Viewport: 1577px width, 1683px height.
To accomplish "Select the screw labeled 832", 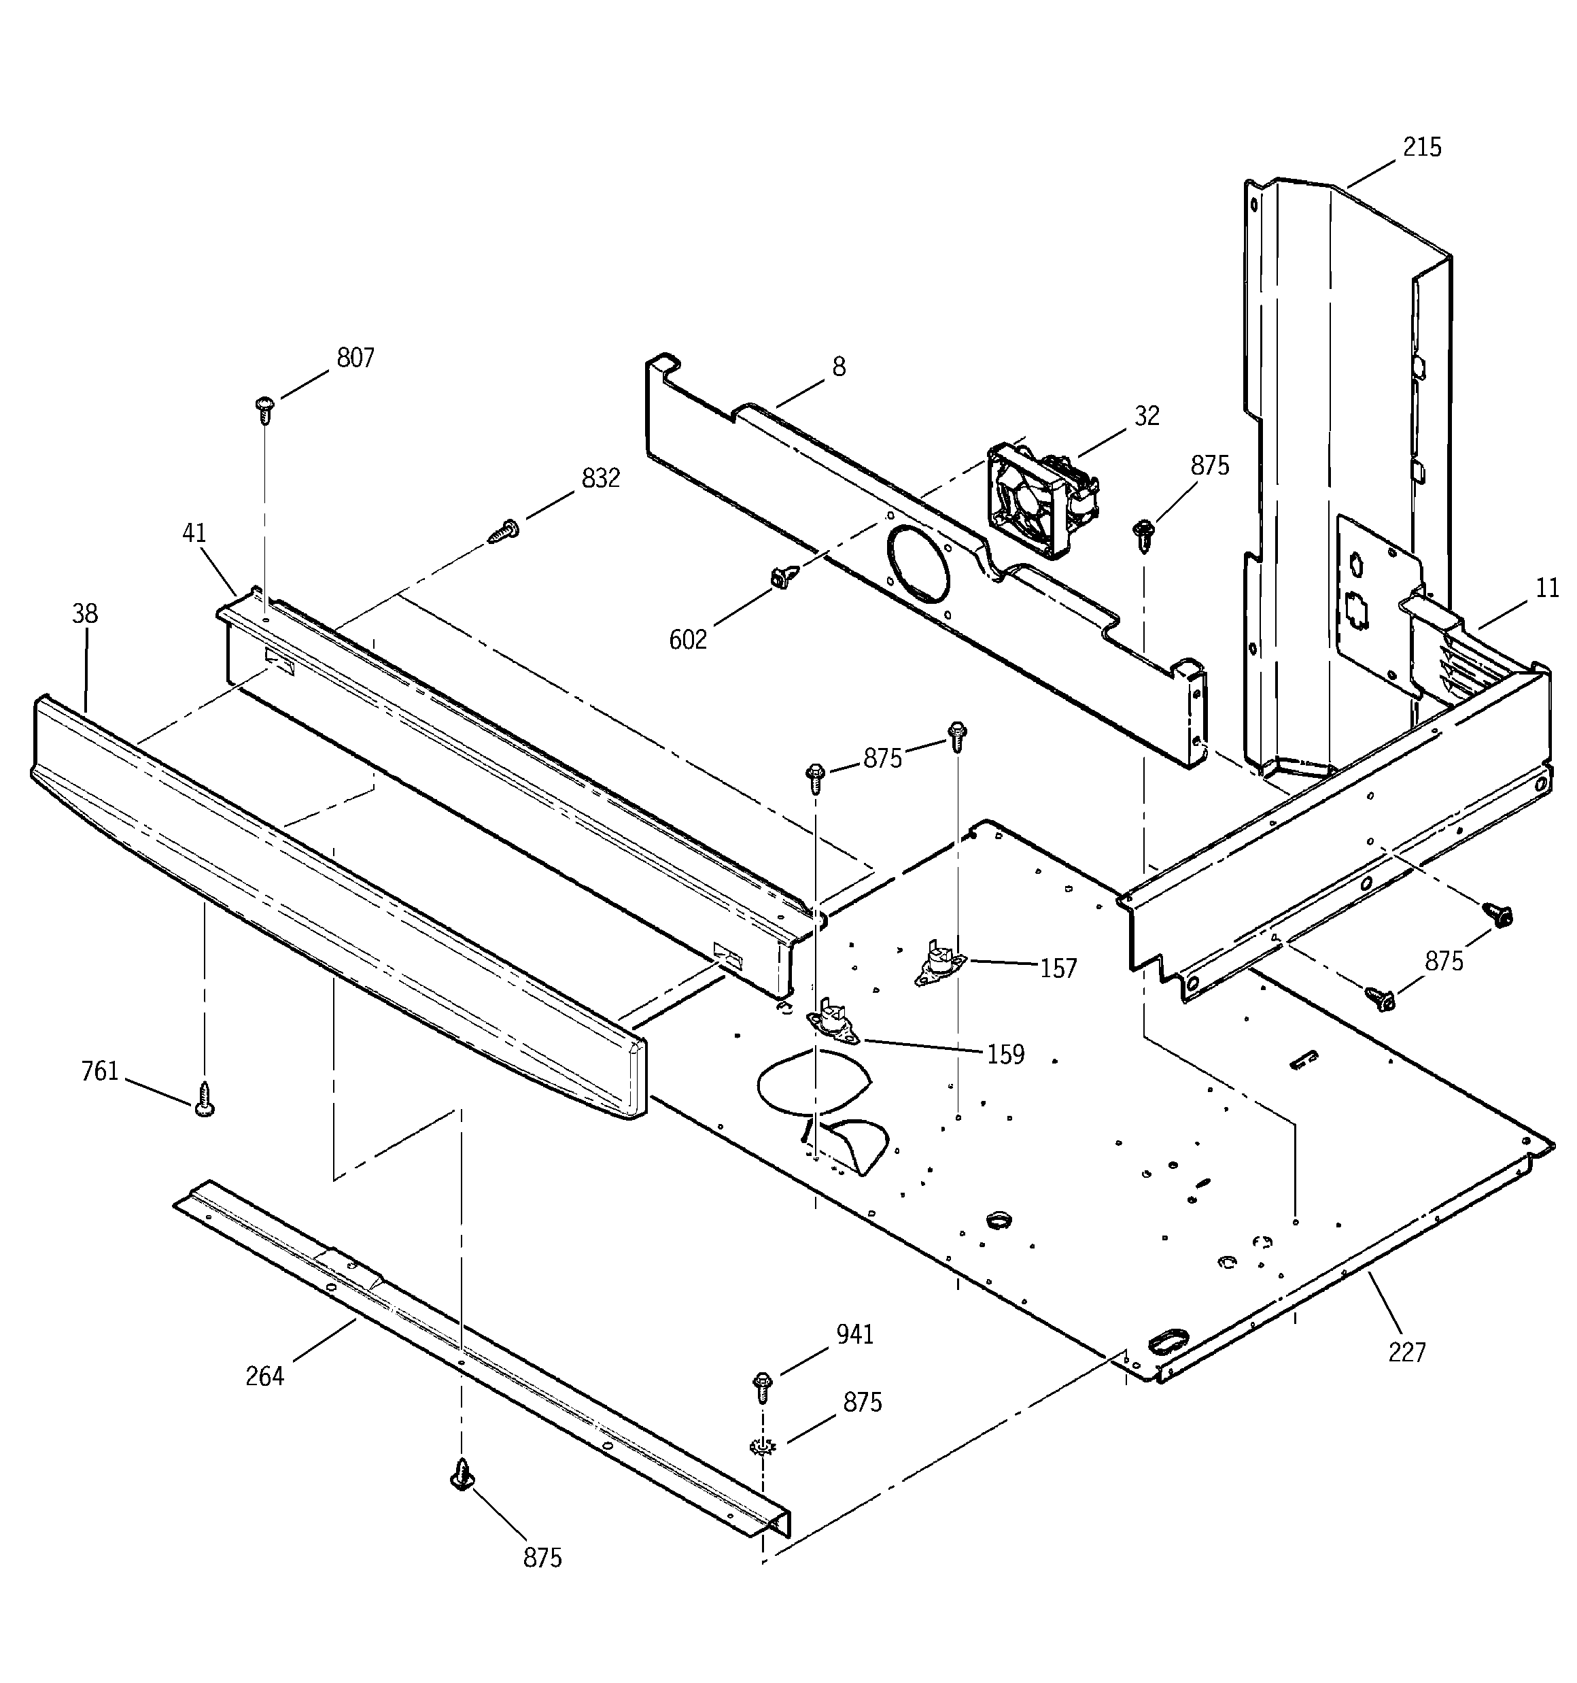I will click(x=504, y=532).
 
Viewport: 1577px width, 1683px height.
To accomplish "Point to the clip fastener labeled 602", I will click(x=780, y=578).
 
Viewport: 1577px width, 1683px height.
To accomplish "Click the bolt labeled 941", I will click(x=762, y=1383).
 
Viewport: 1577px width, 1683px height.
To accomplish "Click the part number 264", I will click(x=264, y=1376).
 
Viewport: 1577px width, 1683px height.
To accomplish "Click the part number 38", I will click(x=85, y=614).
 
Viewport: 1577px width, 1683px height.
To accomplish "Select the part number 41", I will click(x=194, y=533).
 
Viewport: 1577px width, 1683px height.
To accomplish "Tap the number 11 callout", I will click(x=1547, y=588).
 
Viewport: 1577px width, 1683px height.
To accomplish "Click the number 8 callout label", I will click(x=838, y=367).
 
